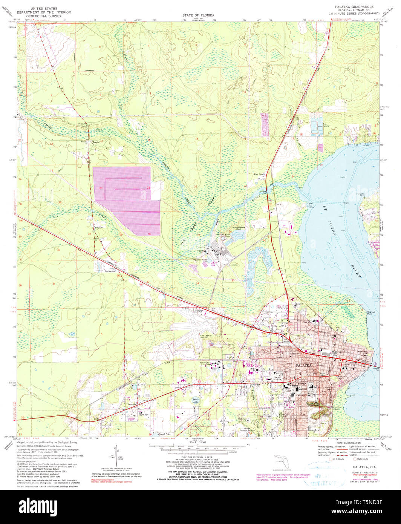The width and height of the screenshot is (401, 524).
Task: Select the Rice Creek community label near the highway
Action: click(259, 175)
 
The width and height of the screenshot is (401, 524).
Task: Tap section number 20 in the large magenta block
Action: click(101, 188)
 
